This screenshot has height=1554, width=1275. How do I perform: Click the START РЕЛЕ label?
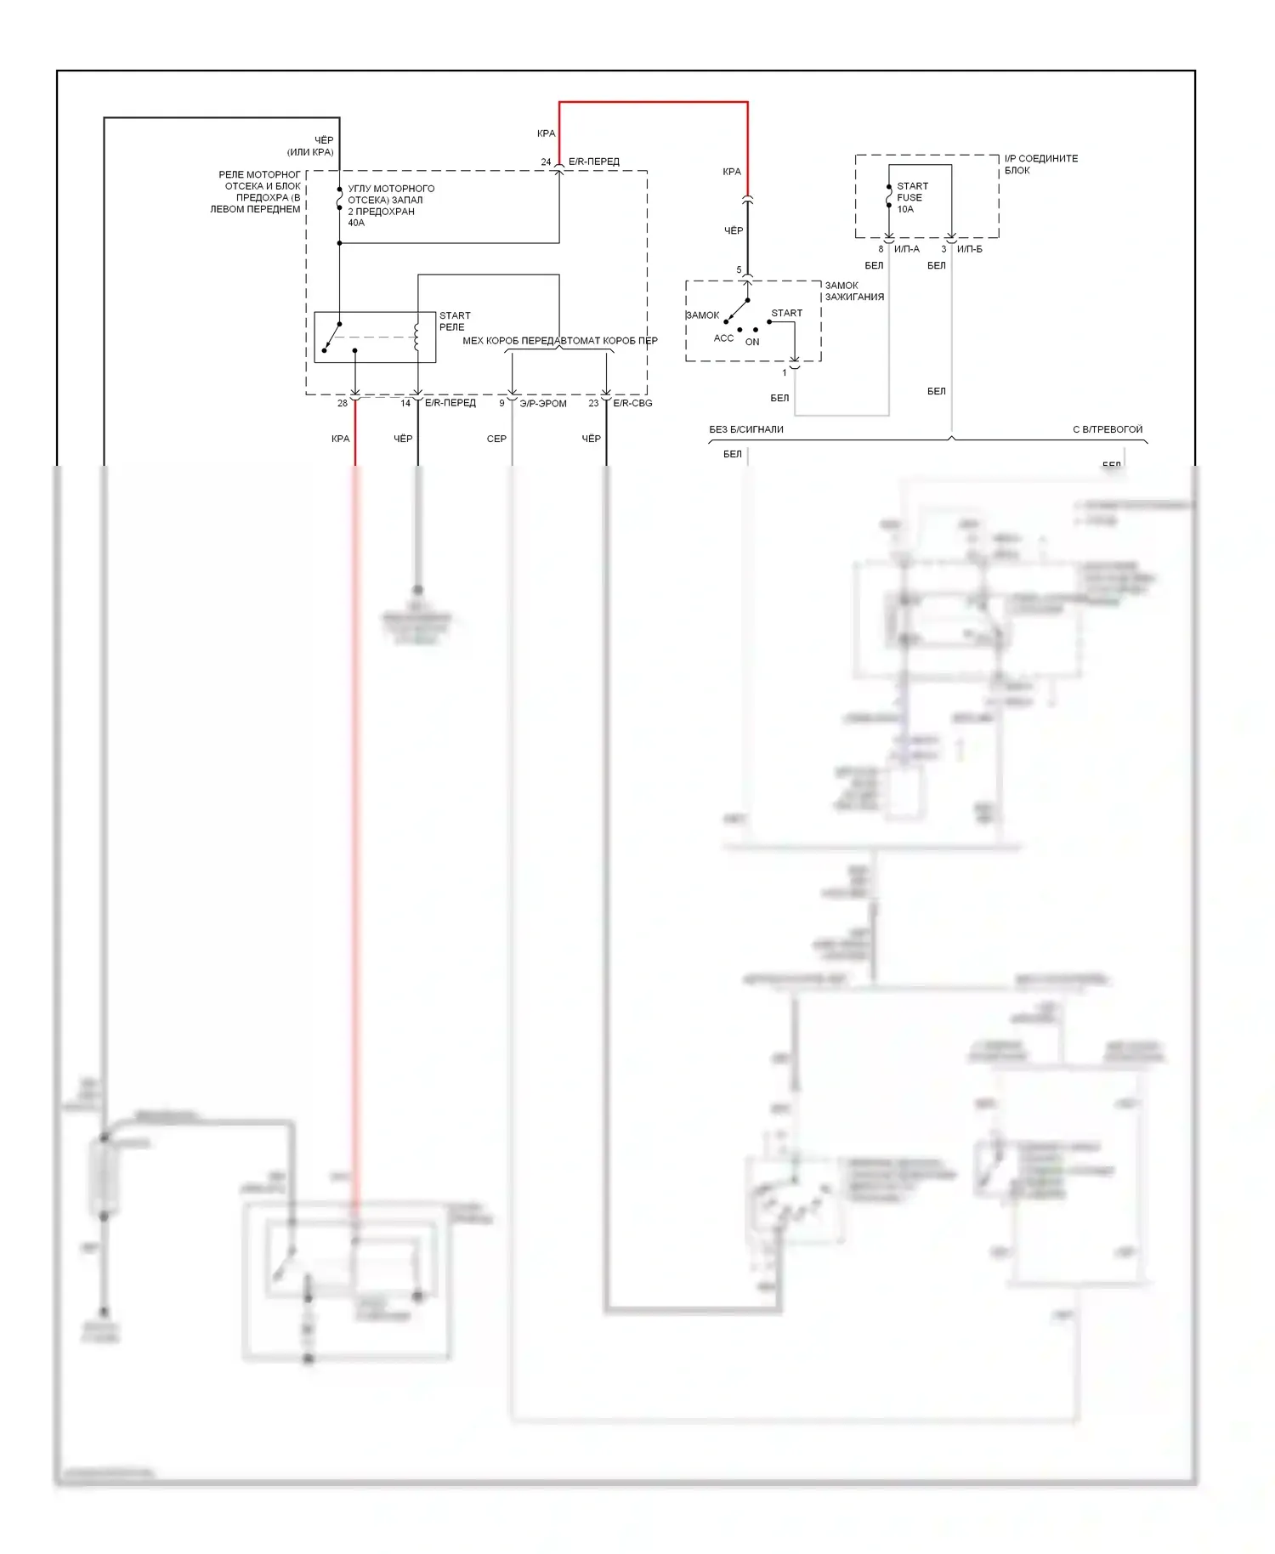click(454, 321)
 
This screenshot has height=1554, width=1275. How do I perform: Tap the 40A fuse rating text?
click(356, 223)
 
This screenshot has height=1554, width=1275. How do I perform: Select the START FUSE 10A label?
click(911, 197)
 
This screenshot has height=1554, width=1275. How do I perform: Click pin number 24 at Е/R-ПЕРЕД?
click(546, 162)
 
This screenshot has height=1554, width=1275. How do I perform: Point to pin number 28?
click(343, 403)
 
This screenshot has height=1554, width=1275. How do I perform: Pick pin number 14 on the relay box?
click(405, 403)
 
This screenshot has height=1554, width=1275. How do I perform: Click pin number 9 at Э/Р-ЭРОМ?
click(501, 403)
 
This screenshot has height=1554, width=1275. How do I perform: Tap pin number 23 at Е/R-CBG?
click(593, 403)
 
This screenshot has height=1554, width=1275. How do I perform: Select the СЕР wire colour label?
click(496, 439)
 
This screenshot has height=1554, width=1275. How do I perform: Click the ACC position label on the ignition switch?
click(723, 338)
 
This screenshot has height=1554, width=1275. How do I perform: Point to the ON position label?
click(752, 342)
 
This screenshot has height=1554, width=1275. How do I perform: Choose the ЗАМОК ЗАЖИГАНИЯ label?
click(854, 292)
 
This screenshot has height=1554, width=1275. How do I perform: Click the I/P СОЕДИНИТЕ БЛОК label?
click(1040, 164)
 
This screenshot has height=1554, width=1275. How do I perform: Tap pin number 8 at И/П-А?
click(881, 249)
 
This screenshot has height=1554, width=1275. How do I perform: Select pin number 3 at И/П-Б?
click(943, 249)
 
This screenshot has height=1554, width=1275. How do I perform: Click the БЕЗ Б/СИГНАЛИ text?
click(746, 429)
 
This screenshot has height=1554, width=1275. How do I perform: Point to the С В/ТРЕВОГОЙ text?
click(1108, 429)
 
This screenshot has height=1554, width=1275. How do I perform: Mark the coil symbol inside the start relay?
click(416, 336)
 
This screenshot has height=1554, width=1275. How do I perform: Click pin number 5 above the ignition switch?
click(739, 270)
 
